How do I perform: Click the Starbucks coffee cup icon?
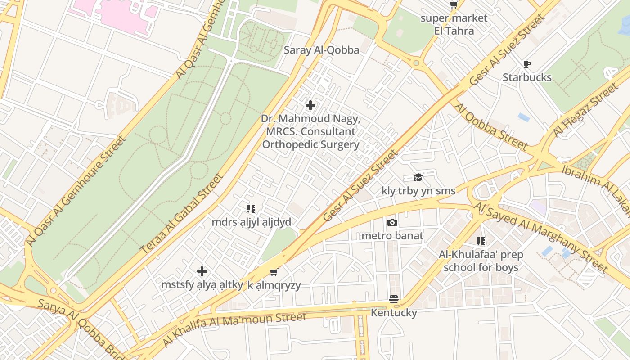pyautogui.click(x=527, y=64)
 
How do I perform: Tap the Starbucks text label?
pyautogui.click(x=527, y=77)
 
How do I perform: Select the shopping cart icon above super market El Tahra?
pyautogui.click(x=454, y=5)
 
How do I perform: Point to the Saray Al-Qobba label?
pyautogui.click(x=321, y=50)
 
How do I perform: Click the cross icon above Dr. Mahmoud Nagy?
pyautogui.click(x=310, y=106)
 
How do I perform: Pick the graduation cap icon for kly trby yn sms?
pyautogui.click(x=418, y=178)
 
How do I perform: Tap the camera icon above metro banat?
pyautogui.click(x=392, y=223)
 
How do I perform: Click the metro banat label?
pyautogui.click(x=392, y=236)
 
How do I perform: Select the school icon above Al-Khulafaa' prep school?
pyautogui.click(x=481, y=242)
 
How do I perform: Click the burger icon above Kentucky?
pyautogui.click(x=394, y=299)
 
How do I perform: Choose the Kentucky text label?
pyautogui.click(x=394, y=312)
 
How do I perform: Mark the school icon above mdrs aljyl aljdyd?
pyautogui.click(x=251, y=209)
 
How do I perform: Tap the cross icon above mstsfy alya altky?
pyautogui.click(x=202, y=271)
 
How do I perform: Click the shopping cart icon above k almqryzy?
pyautogui.click(x=274, y=272)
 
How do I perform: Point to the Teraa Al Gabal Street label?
pyautogui.click(x=182, y=213)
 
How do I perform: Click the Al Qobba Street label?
pyautogui.click(x=490, y=126)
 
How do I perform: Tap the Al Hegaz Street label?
pyautogui.click(x=586, y=110)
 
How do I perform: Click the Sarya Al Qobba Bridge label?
pyautogui.click(x=81, y=329)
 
